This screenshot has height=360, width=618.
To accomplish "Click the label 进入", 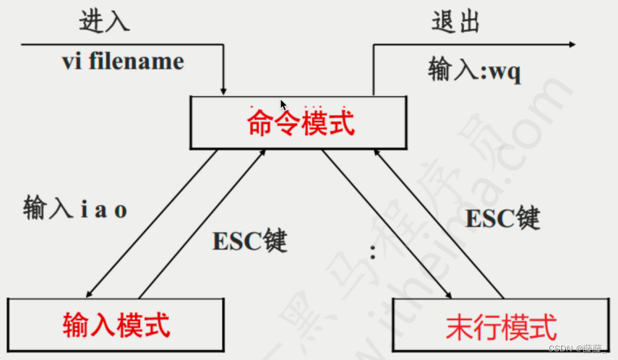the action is click(x=104, y=21).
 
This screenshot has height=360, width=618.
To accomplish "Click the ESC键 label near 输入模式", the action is click(x=249, y=240).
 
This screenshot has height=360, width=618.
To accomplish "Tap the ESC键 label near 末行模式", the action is click(x=503, y=217).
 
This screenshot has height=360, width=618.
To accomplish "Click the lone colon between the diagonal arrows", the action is click(x=373, y=252).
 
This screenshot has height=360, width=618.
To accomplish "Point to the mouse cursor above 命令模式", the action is click(x=283, y=105).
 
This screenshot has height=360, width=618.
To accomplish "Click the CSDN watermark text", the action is click(x=579, y=348).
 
